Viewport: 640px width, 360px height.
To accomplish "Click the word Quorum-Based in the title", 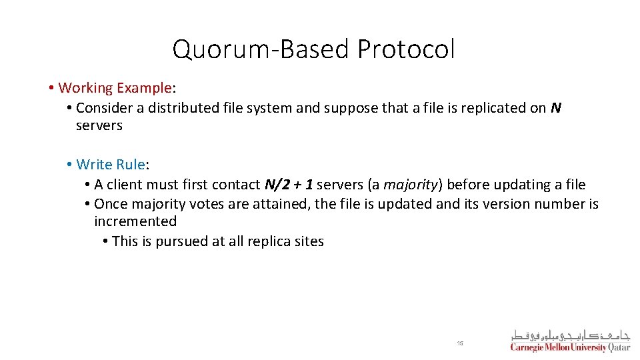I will (261, 49).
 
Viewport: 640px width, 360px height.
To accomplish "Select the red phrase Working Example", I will (115, 88).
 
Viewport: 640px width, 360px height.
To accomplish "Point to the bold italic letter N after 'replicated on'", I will (556, 108).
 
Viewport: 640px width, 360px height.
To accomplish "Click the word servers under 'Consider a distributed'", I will (99, 125).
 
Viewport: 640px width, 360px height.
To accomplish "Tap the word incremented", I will (135, 221).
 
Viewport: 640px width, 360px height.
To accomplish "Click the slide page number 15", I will (460, 343).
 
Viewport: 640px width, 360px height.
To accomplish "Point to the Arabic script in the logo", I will (570, 335).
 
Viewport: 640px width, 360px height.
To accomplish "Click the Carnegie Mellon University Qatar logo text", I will (570, 347).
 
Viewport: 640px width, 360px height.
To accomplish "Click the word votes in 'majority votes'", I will (207, 204).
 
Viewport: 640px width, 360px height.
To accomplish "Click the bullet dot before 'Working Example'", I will (51, 88).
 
